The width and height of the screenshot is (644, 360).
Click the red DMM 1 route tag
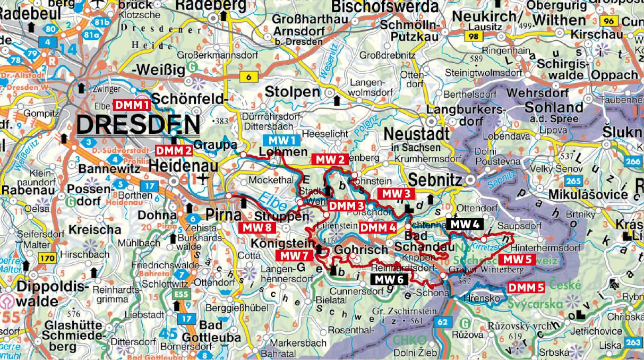tap(132, 105)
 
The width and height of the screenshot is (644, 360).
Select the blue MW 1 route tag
tap(281, 141)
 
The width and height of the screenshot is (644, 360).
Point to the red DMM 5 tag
tap(526, 288)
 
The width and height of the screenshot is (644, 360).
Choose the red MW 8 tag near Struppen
tap(257, 228)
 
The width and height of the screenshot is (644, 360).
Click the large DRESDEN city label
tap(138, 125)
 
